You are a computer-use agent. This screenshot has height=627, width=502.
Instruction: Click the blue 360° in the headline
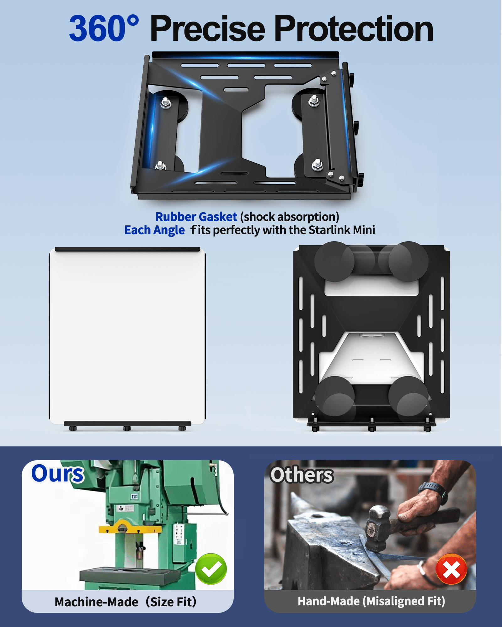click(104, 28)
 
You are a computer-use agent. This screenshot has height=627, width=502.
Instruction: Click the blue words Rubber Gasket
click(196, 217)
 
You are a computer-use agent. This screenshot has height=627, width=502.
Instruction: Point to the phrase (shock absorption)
click(290, 217)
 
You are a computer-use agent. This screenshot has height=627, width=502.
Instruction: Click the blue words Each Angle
click(155, 230)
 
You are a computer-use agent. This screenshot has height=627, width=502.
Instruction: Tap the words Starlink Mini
click(342, 230)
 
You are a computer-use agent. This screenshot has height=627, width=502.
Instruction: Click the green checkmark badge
click(211, 569)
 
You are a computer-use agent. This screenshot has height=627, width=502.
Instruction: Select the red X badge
click(451, 569)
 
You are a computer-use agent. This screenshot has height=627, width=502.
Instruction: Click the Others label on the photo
click(302, 475)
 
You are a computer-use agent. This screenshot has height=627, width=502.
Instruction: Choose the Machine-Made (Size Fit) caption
click(125, 602)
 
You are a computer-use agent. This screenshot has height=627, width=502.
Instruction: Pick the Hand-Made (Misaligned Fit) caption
click(371, 601)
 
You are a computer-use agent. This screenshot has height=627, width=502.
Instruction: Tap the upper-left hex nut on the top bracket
click(166, 103)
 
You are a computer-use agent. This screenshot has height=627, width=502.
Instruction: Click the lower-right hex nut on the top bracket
click(318, 164)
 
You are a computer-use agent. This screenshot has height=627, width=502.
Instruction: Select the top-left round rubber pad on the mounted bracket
click(334, 261)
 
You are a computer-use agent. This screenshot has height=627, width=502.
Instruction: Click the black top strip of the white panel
click(127, 249)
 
